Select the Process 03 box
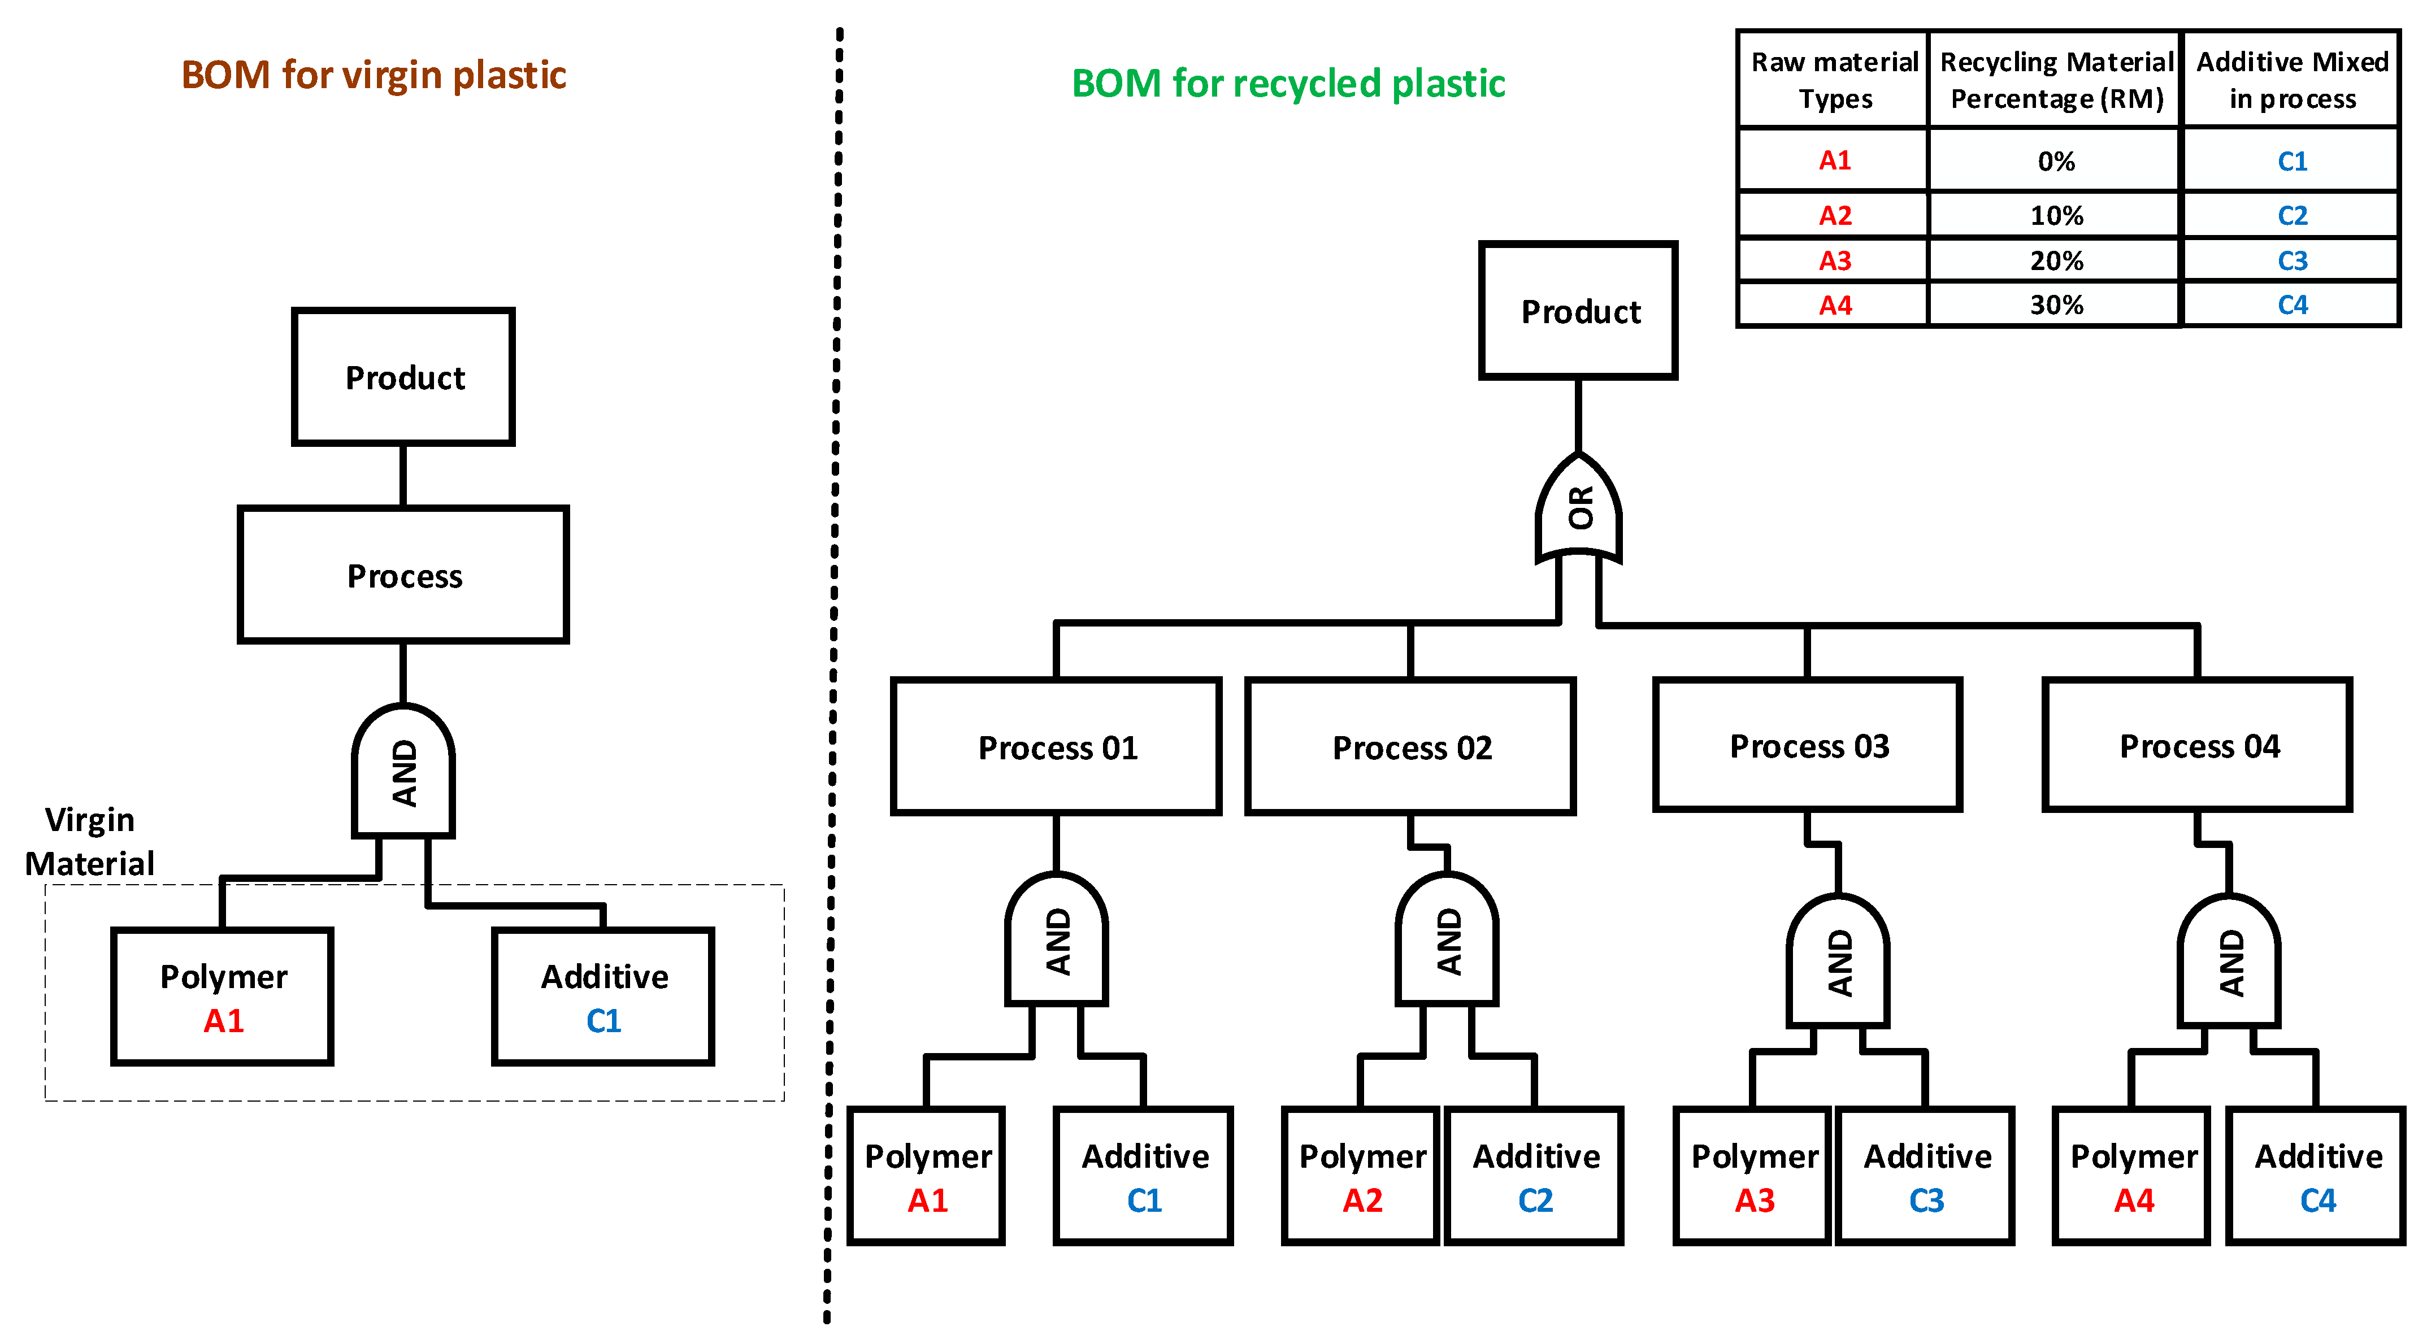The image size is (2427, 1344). pos(1807,745)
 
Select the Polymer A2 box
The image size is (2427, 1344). pos(1361,1176)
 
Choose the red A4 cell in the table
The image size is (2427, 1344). pos(1834,305)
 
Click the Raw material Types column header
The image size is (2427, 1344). pos(1834,80)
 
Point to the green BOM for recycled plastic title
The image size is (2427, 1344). pos(1287,84)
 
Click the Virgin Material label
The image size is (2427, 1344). pos(89,841)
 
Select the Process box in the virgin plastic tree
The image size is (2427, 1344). pos(403,576)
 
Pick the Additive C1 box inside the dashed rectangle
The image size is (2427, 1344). pos(603,997)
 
